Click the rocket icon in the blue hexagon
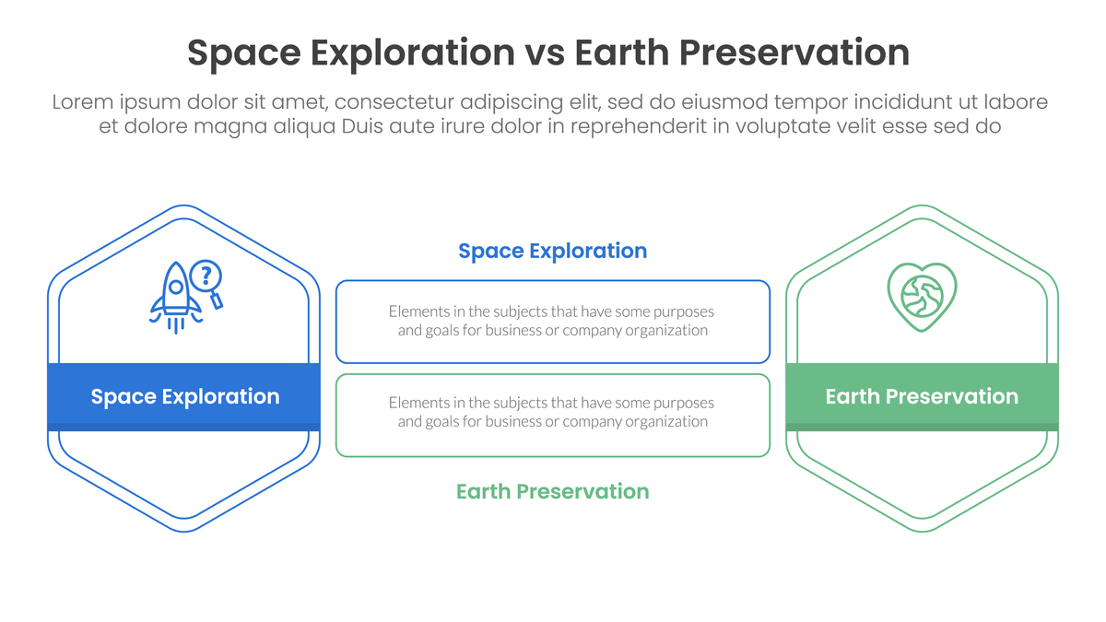point(175,298)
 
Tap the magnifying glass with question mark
point(207,284)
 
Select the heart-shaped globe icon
point(922,297)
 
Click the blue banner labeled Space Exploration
point(183,397)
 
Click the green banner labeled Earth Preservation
point(922,397)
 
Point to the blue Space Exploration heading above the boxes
point(552,251)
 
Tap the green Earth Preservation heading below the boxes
point(552,492)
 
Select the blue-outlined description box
point(552,322)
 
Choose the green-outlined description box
point(552,416)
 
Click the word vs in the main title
point(545,53)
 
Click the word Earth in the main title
point(621,53)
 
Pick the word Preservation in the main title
point(794,53)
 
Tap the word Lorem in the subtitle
point(82,102)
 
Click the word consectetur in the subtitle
point(394,102)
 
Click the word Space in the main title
point(244,53)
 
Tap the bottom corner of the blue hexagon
point(183,532)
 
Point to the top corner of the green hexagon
point(922,205)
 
